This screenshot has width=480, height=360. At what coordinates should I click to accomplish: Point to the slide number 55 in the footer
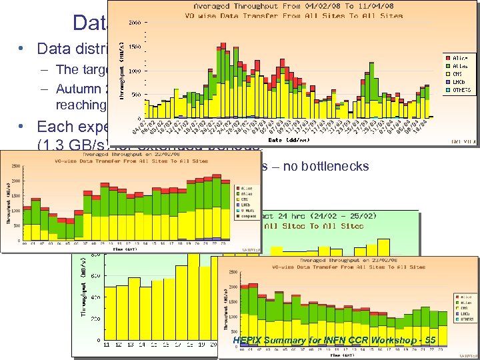(430, 340)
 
